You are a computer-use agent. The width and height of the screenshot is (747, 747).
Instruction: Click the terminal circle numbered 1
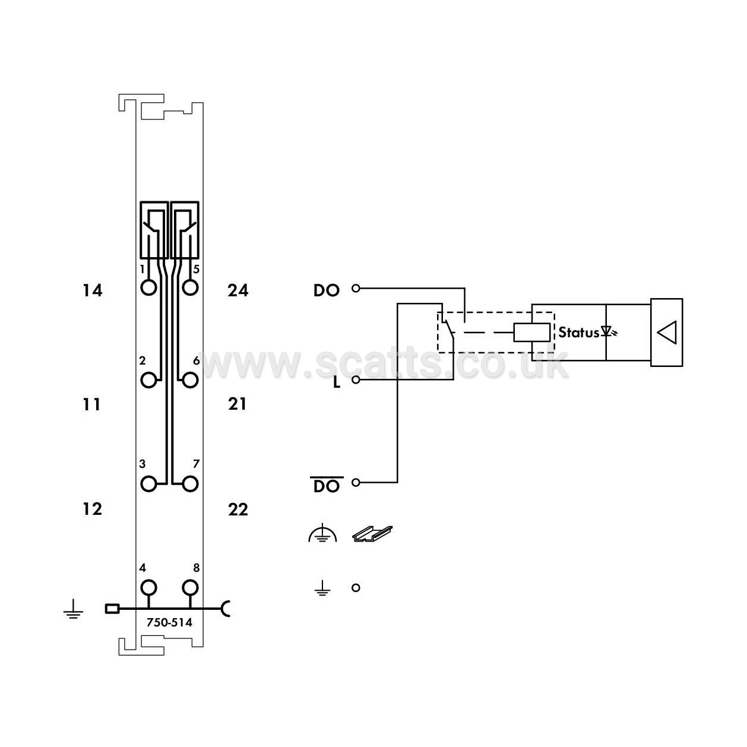tap(149, 288)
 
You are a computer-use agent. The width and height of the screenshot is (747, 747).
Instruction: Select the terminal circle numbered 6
tap(190, 380)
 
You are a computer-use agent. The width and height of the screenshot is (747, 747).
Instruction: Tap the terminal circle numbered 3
tap(149, 484)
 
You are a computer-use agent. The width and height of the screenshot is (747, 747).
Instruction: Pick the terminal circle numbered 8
tap(190, 588)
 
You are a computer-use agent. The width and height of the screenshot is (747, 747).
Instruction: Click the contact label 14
tap(92, 290)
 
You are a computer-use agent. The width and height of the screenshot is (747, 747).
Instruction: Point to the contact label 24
tap(238, 290)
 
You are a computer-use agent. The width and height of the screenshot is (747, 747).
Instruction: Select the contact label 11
tap(91, 405)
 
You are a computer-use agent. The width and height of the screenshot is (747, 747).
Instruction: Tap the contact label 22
tap(238, 509)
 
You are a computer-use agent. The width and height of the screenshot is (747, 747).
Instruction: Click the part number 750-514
tap(169, 622)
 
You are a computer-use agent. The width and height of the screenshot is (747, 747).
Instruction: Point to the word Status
tap(579, 332)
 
